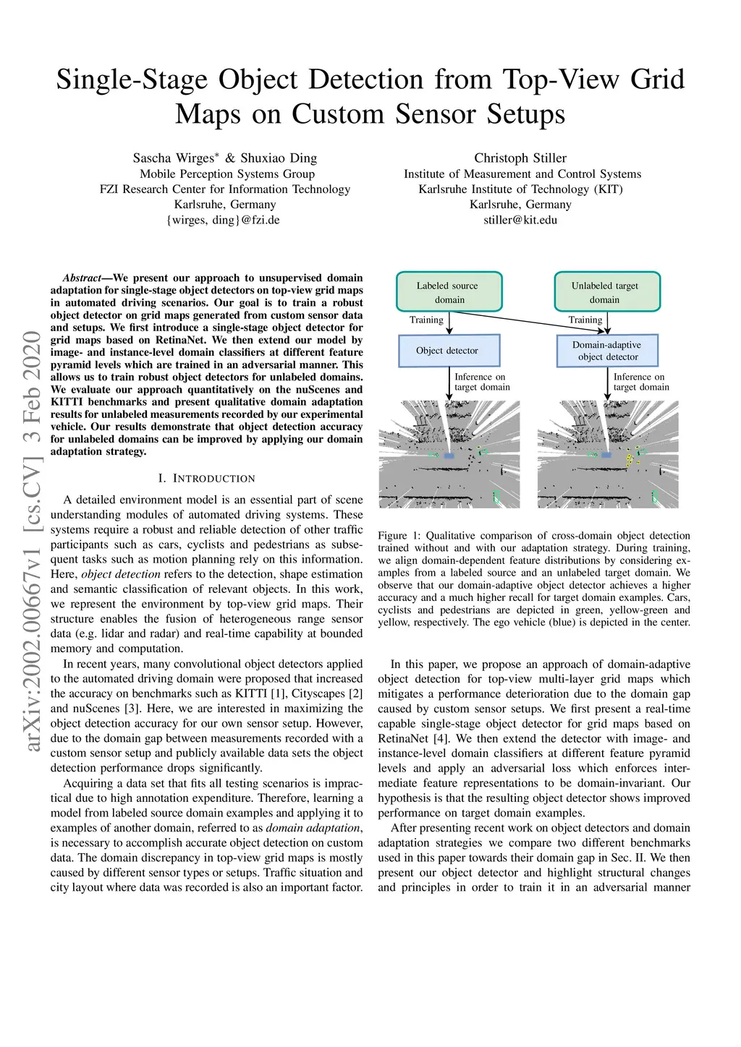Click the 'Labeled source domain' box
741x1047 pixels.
[x=449, y=292]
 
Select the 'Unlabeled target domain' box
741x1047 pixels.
[x=606, y=292]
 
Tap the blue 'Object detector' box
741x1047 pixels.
[x=449, y=351]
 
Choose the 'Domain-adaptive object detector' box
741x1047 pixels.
[x=608, y=351]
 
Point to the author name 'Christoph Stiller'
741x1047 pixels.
[x=520, y=158]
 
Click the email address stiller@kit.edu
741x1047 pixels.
[x=520, y=220]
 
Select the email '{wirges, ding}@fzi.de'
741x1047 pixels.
[x=223, y=220]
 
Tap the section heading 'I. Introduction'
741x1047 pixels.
[x=206, y=479]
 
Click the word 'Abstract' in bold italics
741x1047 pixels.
[x=81, y=278]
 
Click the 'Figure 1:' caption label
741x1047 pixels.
[x=399, y=536]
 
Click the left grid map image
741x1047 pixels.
[x=449, y=454]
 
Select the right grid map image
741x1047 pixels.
[x=608, y=454]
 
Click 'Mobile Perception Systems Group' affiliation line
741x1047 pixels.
[x=227, y=174]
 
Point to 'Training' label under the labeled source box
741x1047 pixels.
[x=426, y=320]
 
